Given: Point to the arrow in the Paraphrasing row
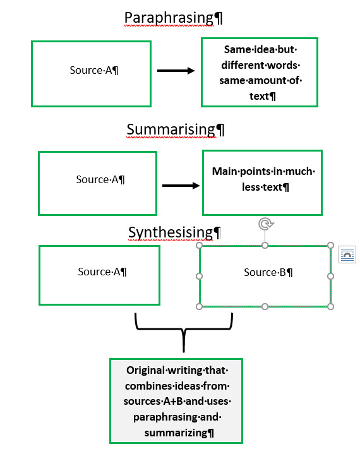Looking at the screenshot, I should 176,71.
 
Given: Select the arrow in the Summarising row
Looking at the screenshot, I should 181,186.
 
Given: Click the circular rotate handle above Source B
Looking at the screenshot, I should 265,224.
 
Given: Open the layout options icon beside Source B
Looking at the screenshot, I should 347,254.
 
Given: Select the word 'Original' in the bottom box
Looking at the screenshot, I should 147,371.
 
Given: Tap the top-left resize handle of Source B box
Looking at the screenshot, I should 200,245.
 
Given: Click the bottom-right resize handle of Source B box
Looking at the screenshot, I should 330,306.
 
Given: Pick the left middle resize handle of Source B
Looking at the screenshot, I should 200,276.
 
